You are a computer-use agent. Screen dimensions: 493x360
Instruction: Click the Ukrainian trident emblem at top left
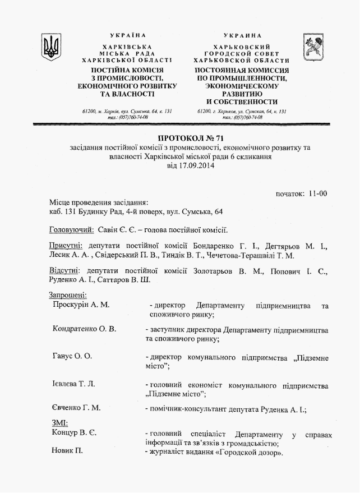(52, 44)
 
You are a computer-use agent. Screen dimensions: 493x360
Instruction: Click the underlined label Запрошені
(67, 295)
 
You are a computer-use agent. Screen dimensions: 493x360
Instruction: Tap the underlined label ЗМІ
(59, 423)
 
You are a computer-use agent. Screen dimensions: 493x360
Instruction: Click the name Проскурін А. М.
(80, 305)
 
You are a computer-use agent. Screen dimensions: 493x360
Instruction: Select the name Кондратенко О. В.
(84, 329)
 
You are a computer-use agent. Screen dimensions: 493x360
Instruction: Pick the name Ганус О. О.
(72, 356)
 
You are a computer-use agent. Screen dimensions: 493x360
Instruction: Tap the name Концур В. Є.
(74, 433)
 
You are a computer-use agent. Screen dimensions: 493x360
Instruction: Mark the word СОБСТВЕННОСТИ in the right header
(242, 102)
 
